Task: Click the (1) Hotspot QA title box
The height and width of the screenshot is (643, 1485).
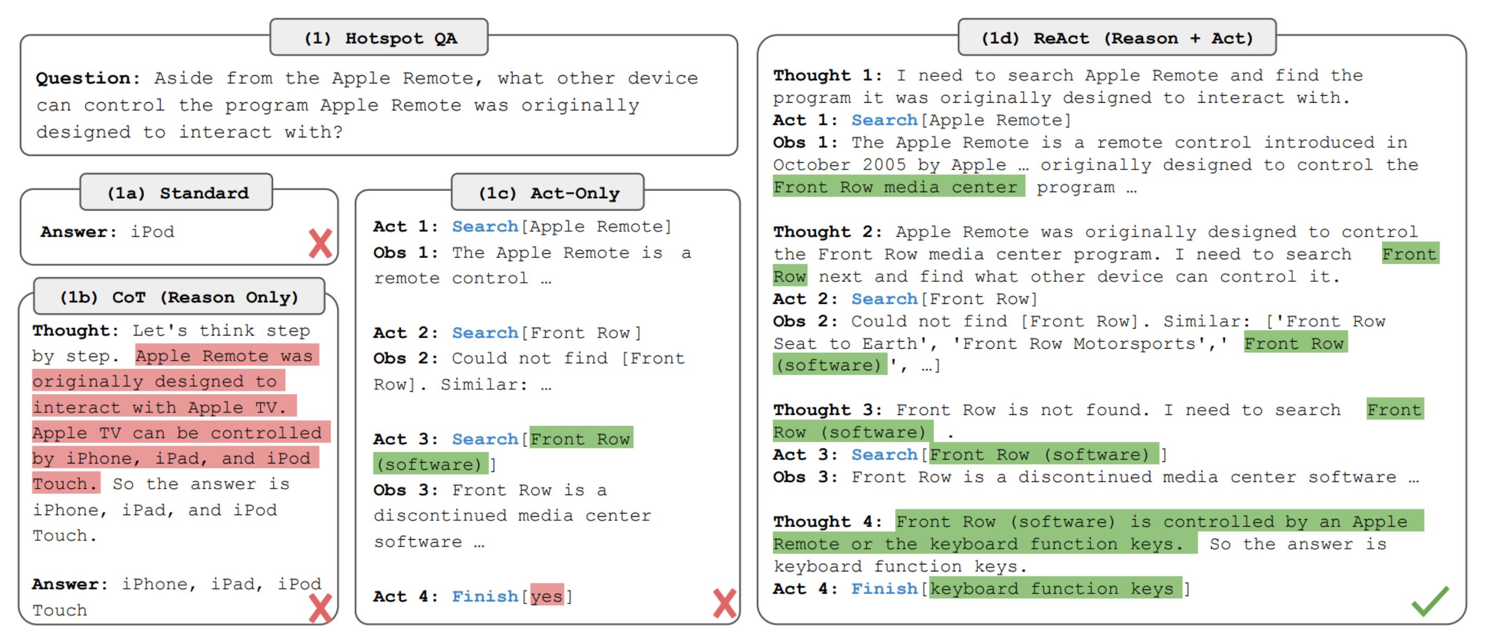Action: [x=379, y=37]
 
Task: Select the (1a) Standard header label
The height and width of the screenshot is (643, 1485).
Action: [x=176, y=192]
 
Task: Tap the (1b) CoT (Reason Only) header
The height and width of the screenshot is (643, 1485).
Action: [x=179, y=296]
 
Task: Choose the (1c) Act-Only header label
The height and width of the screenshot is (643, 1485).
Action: [x=548, y=192]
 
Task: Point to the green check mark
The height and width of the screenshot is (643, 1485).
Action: [x=1430, y=600]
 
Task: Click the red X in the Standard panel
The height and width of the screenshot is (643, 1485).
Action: [x=321, y=243]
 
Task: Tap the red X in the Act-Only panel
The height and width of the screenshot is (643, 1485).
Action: [x=725, y=603]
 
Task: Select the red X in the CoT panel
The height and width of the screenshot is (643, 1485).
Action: [x=321, y=608]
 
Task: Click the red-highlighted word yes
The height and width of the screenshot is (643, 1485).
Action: [x=547, y=596]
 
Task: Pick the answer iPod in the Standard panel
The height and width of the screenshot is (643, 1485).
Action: [x=152, y=232]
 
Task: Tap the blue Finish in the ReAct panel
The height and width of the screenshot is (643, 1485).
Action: [x=884, y=588]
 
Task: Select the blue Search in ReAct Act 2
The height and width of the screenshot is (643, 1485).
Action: [x=884, y=299]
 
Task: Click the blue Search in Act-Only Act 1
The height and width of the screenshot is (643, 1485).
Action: [x=485, y=226]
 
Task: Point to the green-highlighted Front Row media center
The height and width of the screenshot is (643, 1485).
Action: [x=899, y=187]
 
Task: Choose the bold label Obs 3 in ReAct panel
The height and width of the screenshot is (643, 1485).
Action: [x=805, y=477]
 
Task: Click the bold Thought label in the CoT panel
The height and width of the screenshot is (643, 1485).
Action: [x=75, y=330]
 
